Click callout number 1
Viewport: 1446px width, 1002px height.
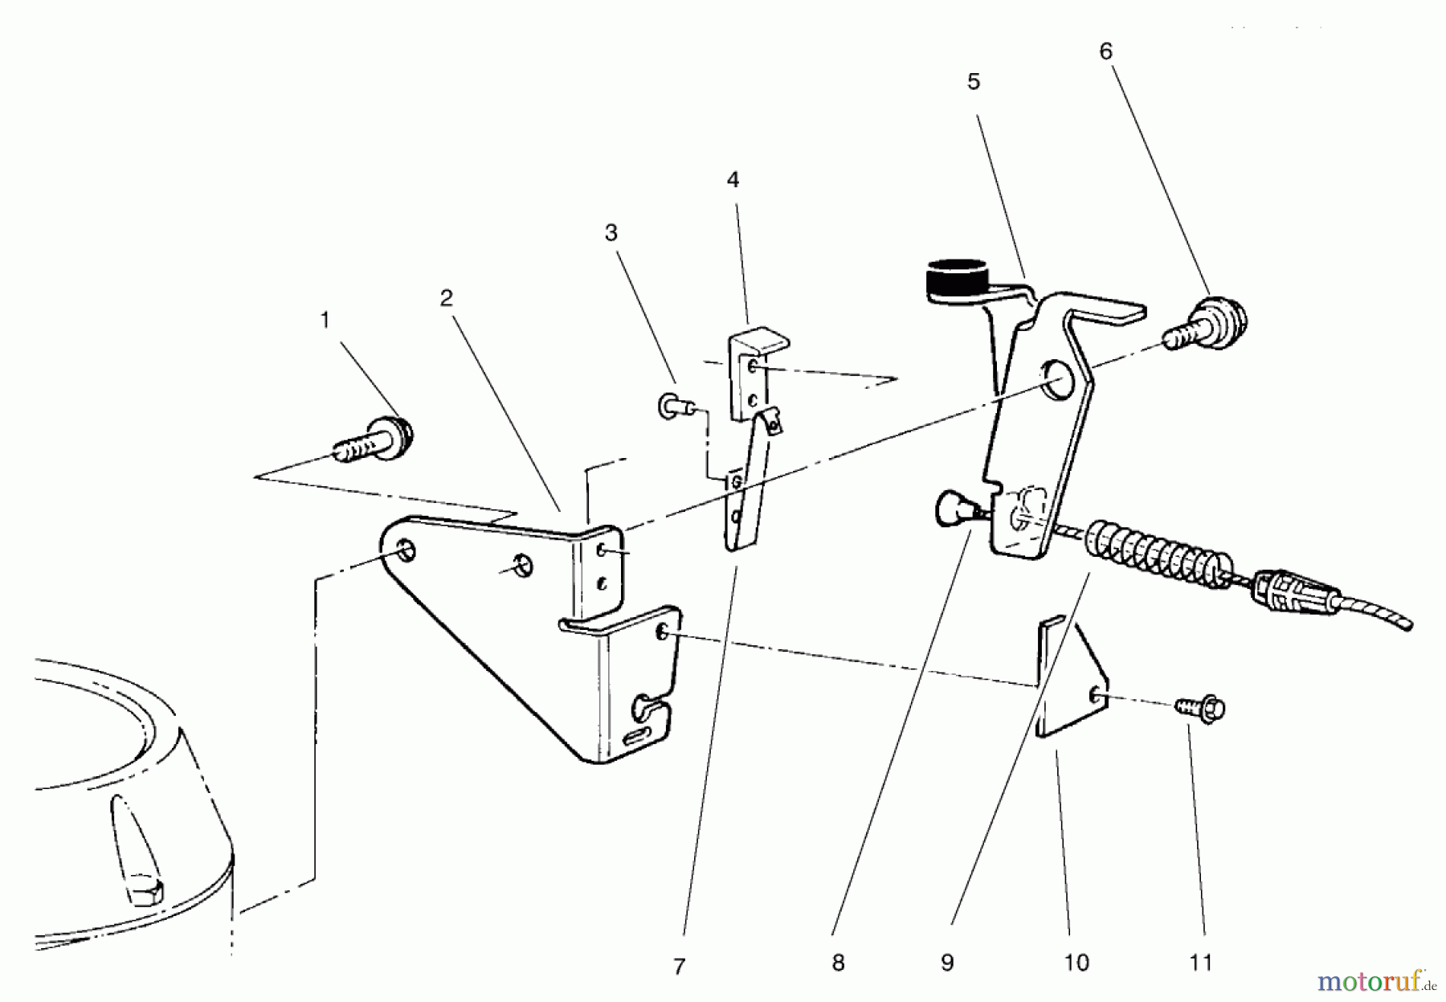point(325,321)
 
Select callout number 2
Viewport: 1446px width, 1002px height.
point(447,298)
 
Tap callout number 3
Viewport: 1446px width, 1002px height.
point(611,233)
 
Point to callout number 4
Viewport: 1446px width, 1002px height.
point(733,180)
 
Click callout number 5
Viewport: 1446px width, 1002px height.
point(974,82)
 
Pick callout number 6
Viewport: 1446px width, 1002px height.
point(1106,51)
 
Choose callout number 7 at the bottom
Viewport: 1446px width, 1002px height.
point(680,967)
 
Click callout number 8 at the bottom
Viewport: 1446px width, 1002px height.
point(839,963)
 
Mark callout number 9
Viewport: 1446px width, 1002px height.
point(947,963)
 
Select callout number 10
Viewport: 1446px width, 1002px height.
point(1076,963)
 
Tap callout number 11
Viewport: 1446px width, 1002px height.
point(1200,963)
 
